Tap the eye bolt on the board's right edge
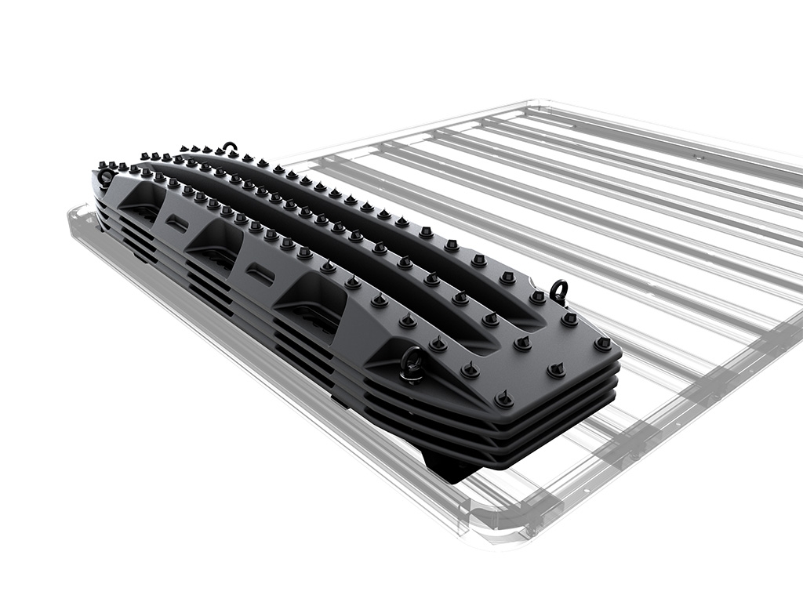click(558, 290)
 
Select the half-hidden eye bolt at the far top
click(230, 147)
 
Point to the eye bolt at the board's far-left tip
click(105, 176)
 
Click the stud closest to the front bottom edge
click(503, 399)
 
